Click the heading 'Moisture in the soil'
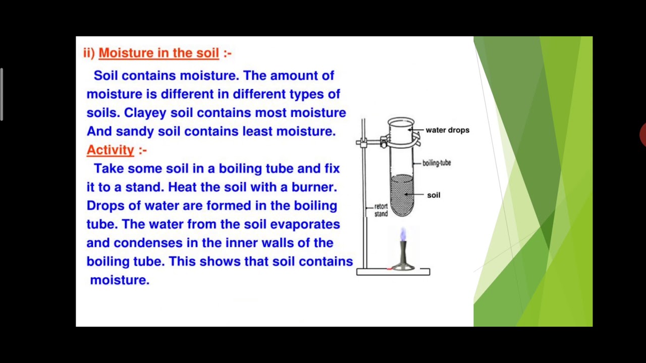click(158, 53)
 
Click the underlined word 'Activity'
click(110, 150)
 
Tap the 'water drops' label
click(447, 130)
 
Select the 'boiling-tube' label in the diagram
click(437, 163)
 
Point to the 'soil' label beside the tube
click(434, 195)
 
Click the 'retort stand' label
click(381, 210)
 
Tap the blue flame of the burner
click(403, 234)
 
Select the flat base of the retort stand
click(393, 272)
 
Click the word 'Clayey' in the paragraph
click(145, 112)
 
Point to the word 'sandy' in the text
click(135, 131)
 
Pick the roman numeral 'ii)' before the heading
click(89, 53)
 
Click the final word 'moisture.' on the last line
click(120, 280)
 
